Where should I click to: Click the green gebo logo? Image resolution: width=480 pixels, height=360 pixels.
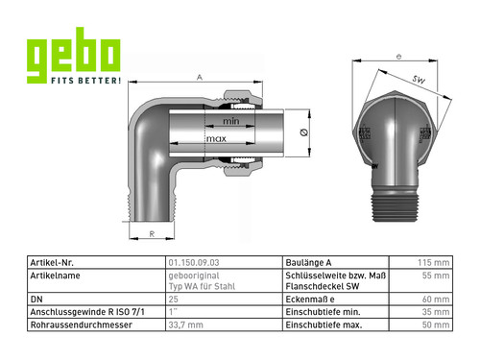(73, 55)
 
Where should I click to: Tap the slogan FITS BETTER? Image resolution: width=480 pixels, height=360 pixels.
(85, 81)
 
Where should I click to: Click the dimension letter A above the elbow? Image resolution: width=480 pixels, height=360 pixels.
(200, 78)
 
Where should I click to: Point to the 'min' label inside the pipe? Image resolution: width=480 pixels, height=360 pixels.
(231, 121)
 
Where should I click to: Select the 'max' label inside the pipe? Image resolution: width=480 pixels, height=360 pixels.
(216, 139)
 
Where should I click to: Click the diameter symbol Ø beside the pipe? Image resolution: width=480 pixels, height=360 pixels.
(304, 132)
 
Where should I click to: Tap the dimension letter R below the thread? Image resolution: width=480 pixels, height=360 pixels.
(152, 234)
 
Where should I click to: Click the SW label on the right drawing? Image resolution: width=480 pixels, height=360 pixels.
(419, 79)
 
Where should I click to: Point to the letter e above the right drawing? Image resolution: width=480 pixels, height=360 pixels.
(398, 57)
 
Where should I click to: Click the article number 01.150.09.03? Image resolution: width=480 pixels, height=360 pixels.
(194, 263)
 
